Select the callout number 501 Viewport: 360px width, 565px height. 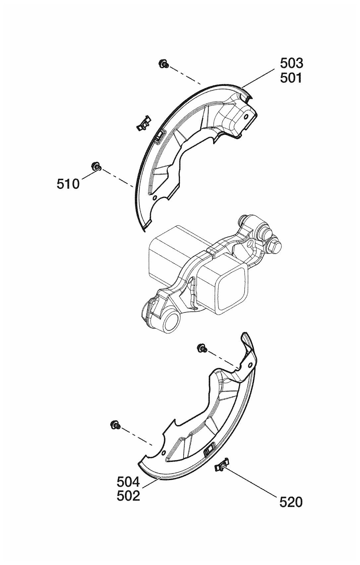291,78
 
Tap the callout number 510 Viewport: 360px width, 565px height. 68,184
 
